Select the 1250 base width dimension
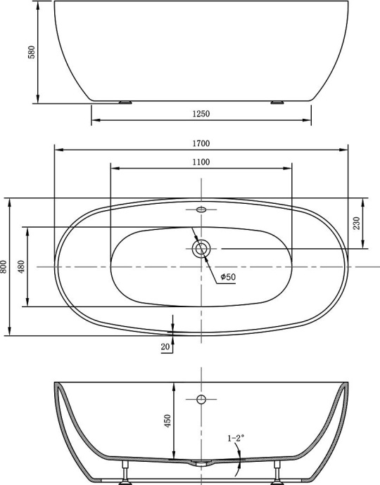coord(201,113)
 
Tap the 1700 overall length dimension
coord(201,143)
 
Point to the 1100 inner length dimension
coord(201,162)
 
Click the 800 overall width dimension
coord(5,266)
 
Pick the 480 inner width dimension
coord(22,266)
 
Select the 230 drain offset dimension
coord(357,223)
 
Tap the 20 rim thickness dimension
coord(165,347)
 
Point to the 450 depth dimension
coord(167,420)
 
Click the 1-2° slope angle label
coord(236,438)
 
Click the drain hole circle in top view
coord(201,247)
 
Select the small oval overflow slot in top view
coord(201,209)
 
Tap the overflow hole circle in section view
coord(201,400)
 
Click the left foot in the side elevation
coord(127,102)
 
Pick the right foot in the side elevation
coord(277,102)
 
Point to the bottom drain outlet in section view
coord(201,464)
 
